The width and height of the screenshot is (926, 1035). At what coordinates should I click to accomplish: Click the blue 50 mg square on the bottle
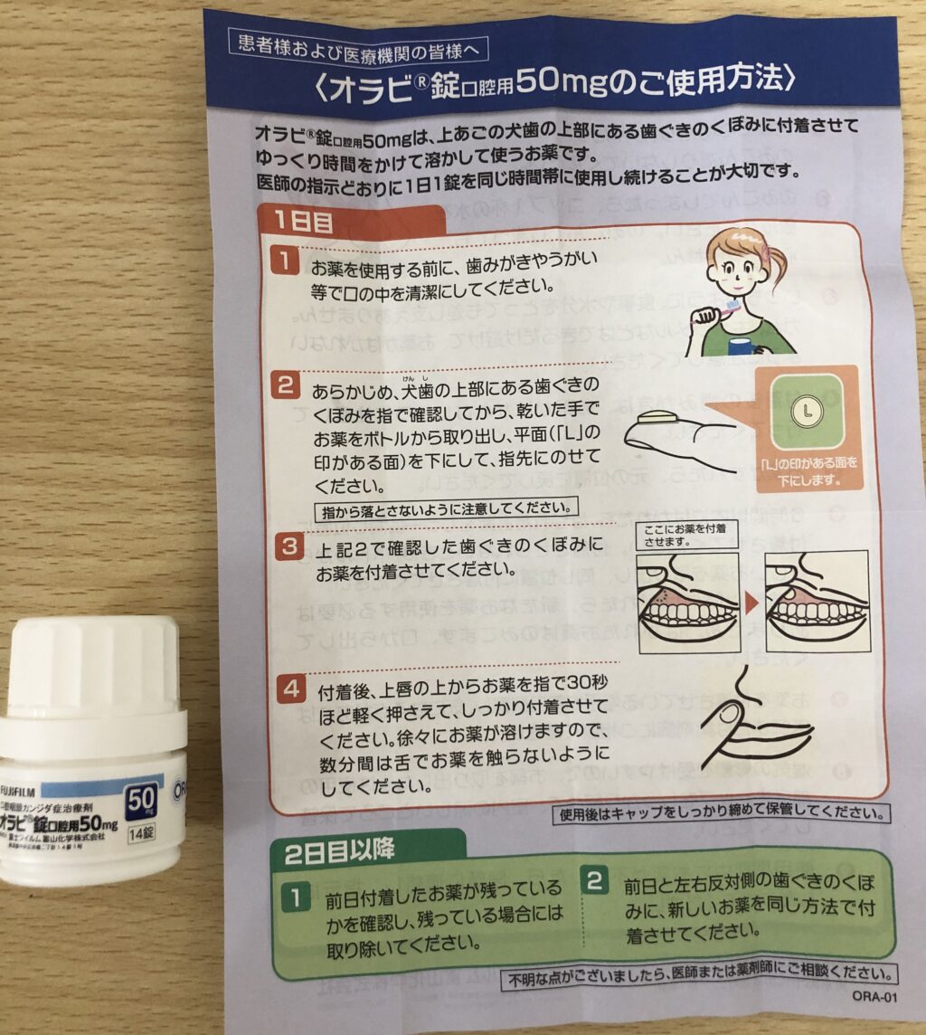[141, 801]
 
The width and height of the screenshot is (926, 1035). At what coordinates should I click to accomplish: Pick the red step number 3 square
[284, 546]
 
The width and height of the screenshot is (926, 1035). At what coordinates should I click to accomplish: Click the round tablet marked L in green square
[802, 413]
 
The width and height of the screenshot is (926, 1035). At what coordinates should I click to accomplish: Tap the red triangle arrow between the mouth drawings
[751, 602]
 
